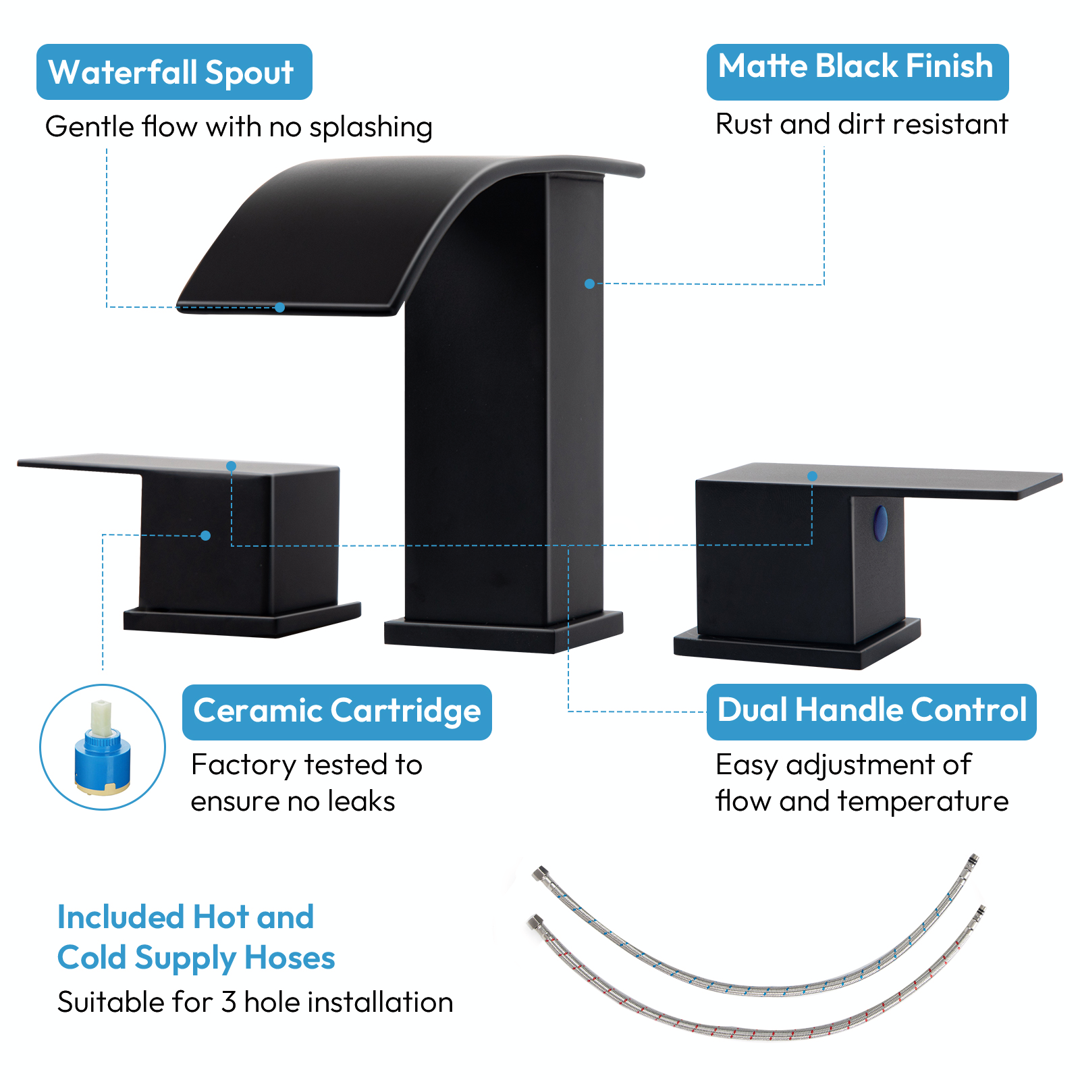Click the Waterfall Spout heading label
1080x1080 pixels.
tap(173, 72)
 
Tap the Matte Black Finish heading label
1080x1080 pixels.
tap(857, 67)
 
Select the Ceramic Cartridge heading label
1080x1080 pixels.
tap(337, 711)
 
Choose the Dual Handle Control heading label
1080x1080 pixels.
tap(871, 711)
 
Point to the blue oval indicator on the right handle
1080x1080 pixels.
tap(880, 523)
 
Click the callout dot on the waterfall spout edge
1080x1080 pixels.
tap(279, 308)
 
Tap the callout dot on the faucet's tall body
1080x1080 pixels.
tap(589, 284)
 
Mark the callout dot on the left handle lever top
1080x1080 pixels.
tap(231, 466)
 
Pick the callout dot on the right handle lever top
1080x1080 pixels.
tap(812, 477)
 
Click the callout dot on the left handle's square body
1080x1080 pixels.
tap(206, 536)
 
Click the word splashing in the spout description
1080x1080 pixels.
tap(371, 128)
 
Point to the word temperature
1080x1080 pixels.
tap(923, 802)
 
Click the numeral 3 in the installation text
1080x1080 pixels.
tap(229, 1002)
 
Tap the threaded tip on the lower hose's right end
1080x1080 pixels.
tap(980, 911)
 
